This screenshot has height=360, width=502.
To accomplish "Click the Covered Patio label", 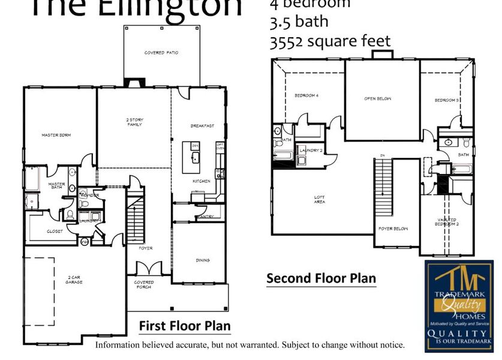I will pyautogui.click(x=161, y=53).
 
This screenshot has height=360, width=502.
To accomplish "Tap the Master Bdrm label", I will pyautogui.click(x=56, y=135).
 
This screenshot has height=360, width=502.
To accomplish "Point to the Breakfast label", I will pyautogui.click(x=202, y=126).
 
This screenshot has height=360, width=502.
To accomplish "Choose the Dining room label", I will pyautogui.click(x=203, y=260).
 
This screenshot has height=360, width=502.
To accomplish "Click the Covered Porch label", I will pyautogui.click(x=144, y=284).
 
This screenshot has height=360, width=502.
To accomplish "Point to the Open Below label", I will pyautogui.click(x=378, y=98).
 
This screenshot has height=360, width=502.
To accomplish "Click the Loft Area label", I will pyautogui.click(x=320, y=200).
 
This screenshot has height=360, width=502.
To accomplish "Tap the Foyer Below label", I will pyautogui.click(x=393, y=229).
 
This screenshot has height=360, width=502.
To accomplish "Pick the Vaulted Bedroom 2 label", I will pyautogui.click(x=447, y=223).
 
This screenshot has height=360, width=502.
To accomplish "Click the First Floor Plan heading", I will pyautogui.click(x=185, y=326).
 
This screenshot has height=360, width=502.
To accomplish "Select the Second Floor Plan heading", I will pyautogui.click(x=321, y=278).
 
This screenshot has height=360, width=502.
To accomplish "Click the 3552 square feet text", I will pyautogui.click(x=330, y=41).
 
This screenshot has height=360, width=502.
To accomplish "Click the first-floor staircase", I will pyautogui.click(x=136, y=218).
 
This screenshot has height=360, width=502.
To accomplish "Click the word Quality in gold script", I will pyautogui.click(x=459, y=305).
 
